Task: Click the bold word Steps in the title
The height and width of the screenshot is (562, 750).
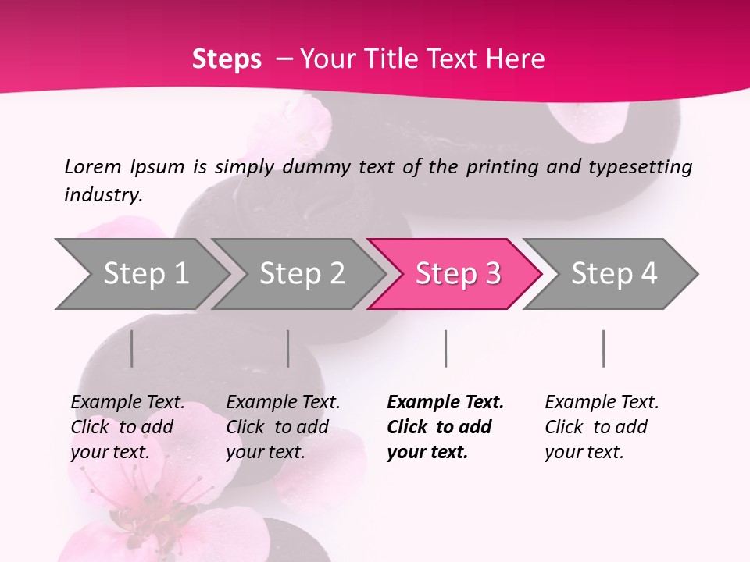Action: [x=227, y=59]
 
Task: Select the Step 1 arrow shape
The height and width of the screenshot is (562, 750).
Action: [x=141, y=273]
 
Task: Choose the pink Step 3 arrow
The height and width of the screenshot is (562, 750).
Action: [x=457, y=273]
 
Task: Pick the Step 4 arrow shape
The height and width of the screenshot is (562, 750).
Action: [x=613, y=273]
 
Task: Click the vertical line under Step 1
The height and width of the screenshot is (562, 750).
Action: [x=131, y=348]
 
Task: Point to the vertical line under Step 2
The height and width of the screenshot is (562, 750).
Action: [x=288, y=348]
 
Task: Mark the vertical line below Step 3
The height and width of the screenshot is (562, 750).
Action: [x=445, y=348]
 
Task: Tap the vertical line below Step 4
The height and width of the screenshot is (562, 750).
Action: [x=603, y=348]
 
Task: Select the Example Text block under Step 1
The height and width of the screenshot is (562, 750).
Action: [x=127, y=427]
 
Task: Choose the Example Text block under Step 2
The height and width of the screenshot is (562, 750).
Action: [x=283, y=427]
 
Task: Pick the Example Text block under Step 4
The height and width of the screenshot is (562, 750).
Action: [x=602, y=427]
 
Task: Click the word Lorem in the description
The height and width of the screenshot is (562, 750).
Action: [x=93, y=167]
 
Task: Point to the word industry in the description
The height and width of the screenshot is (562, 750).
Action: [x=102, y=195]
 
